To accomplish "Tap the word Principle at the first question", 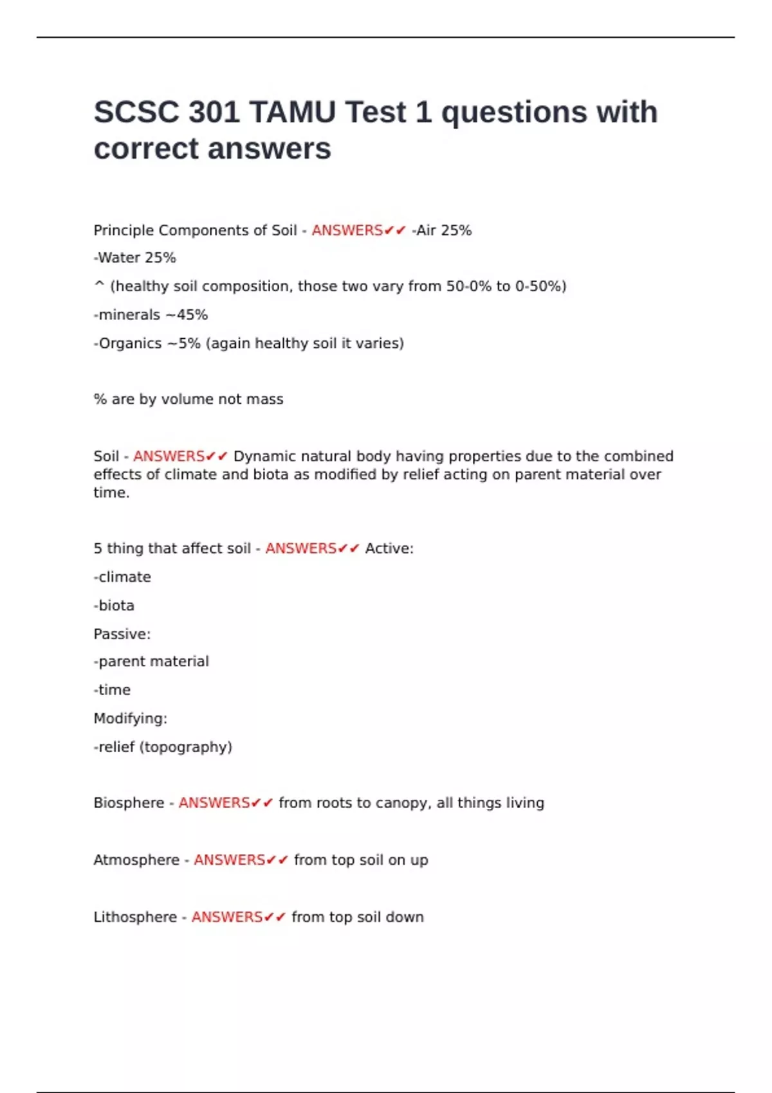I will click(124, 230).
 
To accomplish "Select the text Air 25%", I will click(444, 230).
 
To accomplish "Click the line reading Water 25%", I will click(135, 258).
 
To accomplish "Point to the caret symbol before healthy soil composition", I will click(99, 285).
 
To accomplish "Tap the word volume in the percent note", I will click(187, 399).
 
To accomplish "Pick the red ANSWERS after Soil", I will click(169, 456).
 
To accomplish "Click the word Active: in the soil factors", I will click(389, 548).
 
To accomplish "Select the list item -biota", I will click(115, 606).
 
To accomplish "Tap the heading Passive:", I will click(122, 634).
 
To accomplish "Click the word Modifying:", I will click(130, 719).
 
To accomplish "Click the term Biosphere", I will click(129, 803).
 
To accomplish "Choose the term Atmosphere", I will click(136, 860).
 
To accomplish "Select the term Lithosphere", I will click(135, 917).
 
